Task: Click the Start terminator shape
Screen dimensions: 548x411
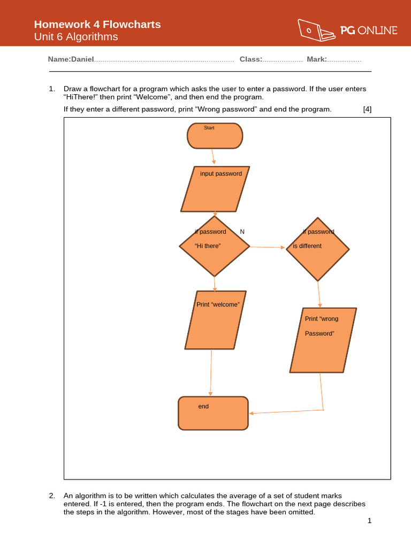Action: [215, 135]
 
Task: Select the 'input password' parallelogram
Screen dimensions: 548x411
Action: [215, 189]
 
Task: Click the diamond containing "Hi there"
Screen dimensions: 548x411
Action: [215, 246]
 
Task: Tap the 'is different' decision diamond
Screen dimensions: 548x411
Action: [318, 249]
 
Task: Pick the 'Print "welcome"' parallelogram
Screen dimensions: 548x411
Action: [216, 320]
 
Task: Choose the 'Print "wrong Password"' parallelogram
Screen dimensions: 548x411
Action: [323, 340]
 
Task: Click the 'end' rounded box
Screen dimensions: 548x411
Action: [213, 413]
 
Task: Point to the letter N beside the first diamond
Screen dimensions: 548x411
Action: [242, 232]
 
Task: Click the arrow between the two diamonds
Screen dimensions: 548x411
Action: [268, 247]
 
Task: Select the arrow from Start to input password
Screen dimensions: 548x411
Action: [213, 157]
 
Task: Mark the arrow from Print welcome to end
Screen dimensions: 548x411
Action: [211, 373]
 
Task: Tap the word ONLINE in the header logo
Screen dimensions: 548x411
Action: [377, 31]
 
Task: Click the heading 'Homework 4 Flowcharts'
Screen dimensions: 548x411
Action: [97, 24]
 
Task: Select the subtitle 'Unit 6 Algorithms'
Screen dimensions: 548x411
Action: [76, 37]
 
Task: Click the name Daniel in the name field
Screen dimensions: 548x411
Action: [82, 59]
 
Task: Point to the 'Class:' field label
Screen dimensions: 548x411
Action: [250, 59]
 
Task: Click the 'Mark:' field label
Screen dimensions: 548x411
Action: [317, 59]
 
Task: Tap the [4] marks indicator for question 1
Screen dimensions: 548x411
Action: [367, 109]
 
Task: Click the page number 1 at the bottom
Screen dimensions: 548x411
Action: [369, 521]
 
